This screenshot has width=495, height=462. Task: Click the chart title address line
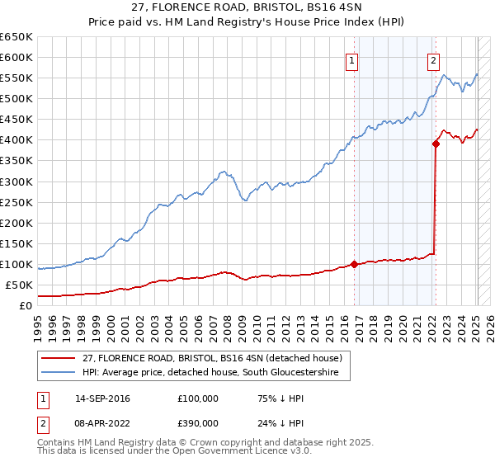[x=247, y=7]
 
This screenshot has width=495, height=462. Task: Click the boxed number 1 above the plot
[x=352, y=59]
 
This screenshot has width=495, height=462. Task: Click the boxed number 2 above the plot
[x=433, y=59]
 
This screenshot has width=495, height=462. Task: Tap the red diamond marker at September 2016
[x=354, y=264]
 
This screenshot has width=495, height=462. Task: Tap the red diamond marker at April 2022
[x=436, y=144]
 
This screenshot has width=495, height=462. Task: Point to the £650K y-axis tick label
[x=16, y=37]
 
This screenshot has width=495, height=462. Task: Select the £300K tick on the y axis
[x=16, y=181]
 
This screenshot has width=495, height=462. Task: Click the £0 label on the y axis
[x=26, y=305]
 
